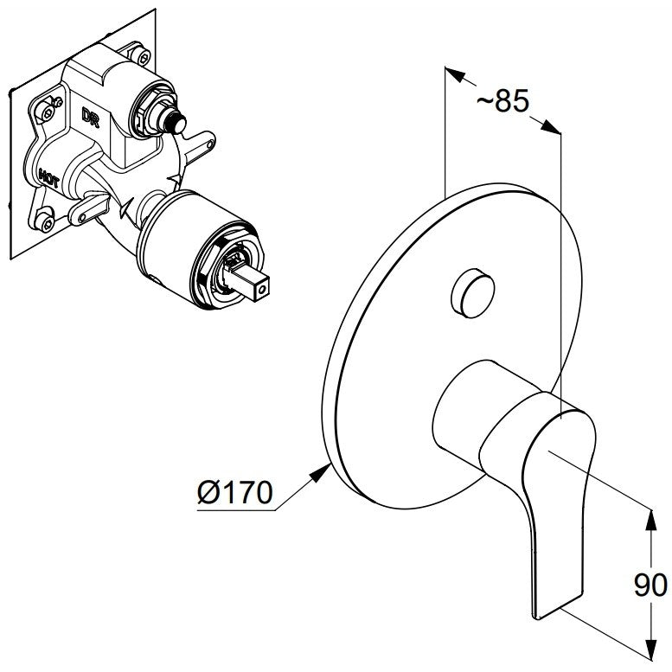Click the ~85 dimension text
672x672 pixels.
click(x=503, y=101)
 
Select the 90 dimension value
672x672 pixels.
click(x=650, y=585)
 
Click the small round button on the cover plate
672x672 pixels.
click(x=473, y=293)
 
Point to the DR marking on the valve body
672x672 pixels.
click(x=91, y=117)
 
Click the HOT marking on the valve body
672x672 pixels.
click(x=48, y=178)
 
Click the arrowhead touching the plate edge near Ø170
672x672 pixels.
click(x=320, y=473)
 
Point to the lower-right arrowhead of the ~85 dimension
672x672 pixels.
click(x=550, y=127)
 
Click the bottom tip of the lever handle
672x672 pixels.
click(x=537, y=617)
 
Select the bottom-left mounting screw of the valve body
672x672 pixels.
click(x=46, y=222)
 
